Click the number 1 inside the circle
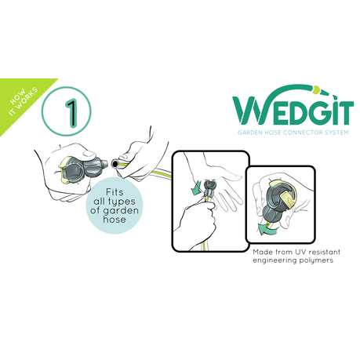tap(71, 113)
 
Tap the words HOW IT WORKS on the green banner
tap(23, 102)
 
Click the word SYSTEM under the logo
tap(336, 133)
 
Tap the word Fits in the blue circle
tap(115, 192)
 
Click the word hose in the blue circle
tap(115, 219)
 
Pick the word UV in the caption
tap(300, 252)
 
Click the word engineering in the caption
tap(275, 260)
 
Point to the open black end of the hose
tap(115, 164)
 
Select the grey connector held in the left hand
tap(84, 168)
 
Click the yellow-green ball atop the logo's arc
tap(316, 89)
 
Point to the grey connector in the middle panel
tap(210, 190)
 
